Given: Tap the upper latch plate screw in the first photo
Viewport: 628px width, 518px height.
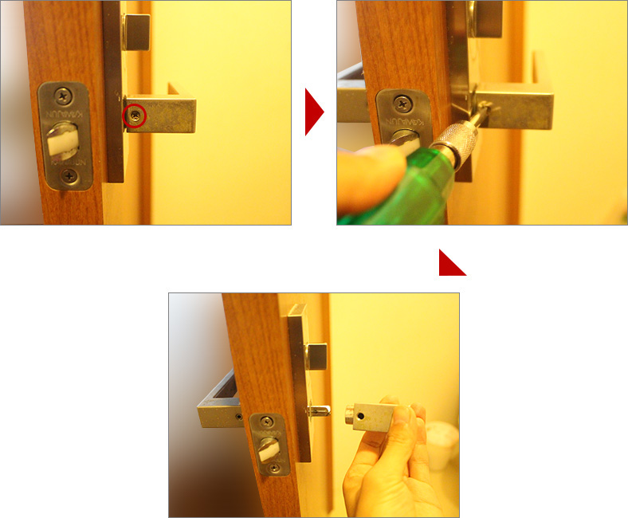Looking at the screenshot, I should pos(63,96).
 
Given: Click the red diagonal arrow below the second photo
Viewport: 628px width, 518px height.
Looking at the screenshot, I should pos(455,265).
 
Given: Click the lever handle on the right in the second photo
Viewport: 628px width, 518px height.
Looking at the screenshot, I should pos(518,109).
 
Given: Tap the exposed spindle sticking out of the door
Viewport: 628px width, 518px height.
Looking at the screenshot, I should pos(318,410).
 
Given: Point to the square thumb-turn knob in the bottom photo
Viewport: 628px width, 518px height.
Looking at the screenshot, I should pos(316,357).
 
